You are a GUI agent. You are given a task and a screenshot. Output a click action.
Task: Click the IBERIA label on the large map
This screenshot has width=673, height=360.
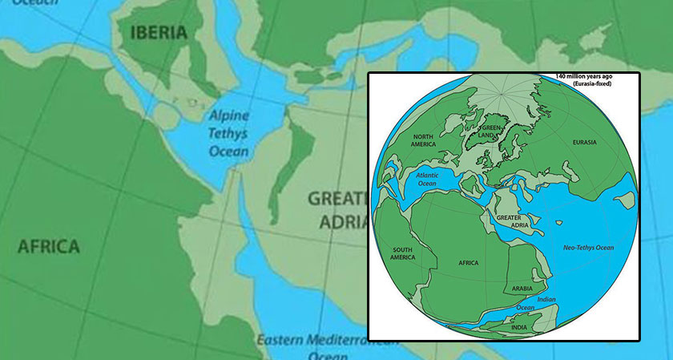point(159,33)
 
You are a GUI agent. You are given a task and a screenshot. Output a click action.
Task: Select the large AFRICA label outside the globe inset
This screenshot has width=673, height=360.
point(49,246)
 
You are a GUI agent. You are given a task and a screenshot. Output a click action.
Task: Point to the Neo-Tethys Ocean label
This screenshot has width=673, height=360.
point(587,248)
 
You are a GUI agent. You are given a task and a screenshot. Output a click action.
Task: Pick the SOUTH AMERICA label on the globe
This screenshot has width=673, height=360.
point(402,253)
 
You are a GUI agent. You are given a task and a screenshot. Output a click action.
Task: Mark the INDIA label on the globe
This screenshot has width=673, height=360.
point(519,326)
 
